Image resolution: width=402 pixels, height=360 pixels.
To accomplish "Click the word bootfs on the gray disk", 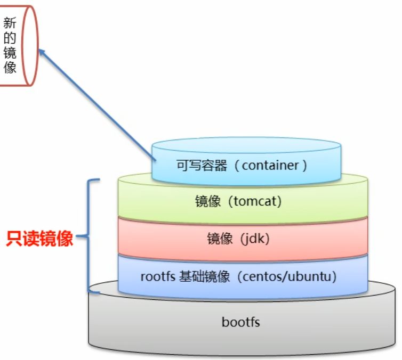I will (240, 322).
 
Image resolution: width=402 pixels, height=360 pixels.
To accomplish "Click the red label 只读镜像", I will (39, 239).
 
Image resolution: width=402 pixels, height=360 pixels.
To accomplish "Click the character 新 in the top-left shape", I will (10, 23).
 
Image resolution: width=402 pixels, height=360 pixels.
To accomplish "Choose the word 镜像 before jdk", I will (220, 239).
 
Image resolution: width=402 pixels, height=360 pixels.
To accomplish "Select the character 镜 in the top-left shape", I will (10, 53).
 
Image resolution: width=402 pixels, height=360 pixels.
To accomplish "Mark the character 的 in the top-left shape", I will (10, 38).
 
